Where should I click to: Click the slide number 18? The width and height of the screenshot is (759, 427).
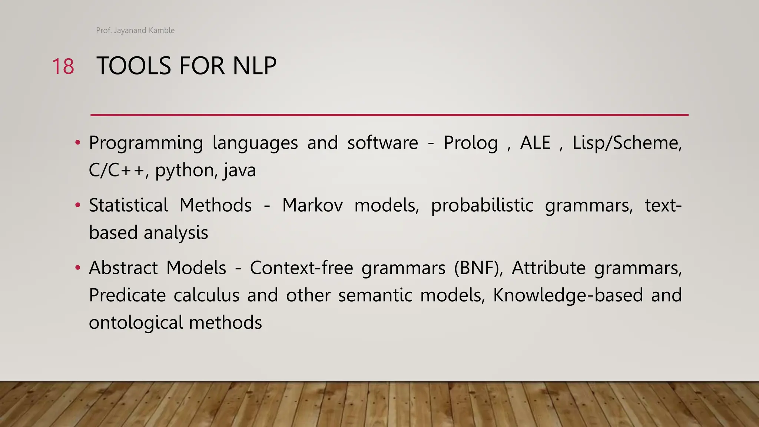pyautogui.click(x=63, y=67)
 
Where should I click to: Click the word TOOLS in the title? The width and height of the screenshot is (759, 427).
pyautogui.click(x=134, y=66)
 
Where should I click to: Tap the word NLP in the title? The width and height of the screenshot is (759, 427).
pyautogui.click(x=254, y=66)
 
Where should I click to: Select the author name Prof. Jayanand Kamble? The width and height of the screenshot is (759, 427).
pyautogui.click(x=135, y=30)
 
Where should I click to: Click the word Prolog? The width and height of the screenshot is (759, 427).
pyautogui.click(x=471, y=143)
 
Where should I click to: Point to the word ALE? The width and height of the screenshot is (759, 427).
pyautogui.click(x=535, y=143)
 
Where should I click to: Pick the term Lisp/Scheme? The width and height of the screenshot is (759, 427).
pyautogui.click(x=627, y=143)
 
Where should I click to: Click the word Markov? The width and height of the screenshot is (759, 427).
pyautogui.click(x=312, y=205)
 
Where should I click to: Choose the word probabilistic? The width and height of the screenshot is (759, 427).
pyautogui.click(x=482, y=205)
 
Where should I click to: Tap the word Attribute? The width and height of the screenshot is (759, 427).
pyautogui.click(x=548, y=268)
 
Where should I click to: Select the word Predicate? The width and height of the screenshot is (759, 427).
pyautogui.click(x=127, y=295)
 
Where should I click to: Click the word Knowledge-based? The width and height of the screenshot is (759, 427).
pyautogui.click(x=568, y=295)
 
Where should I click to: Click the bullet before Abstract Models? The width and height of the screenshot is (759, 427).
pyautogui.click(x=77, y=268)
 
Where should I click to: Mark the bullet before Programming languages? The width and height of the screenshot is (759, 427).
pyautogui.click(x=77, y=143)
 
